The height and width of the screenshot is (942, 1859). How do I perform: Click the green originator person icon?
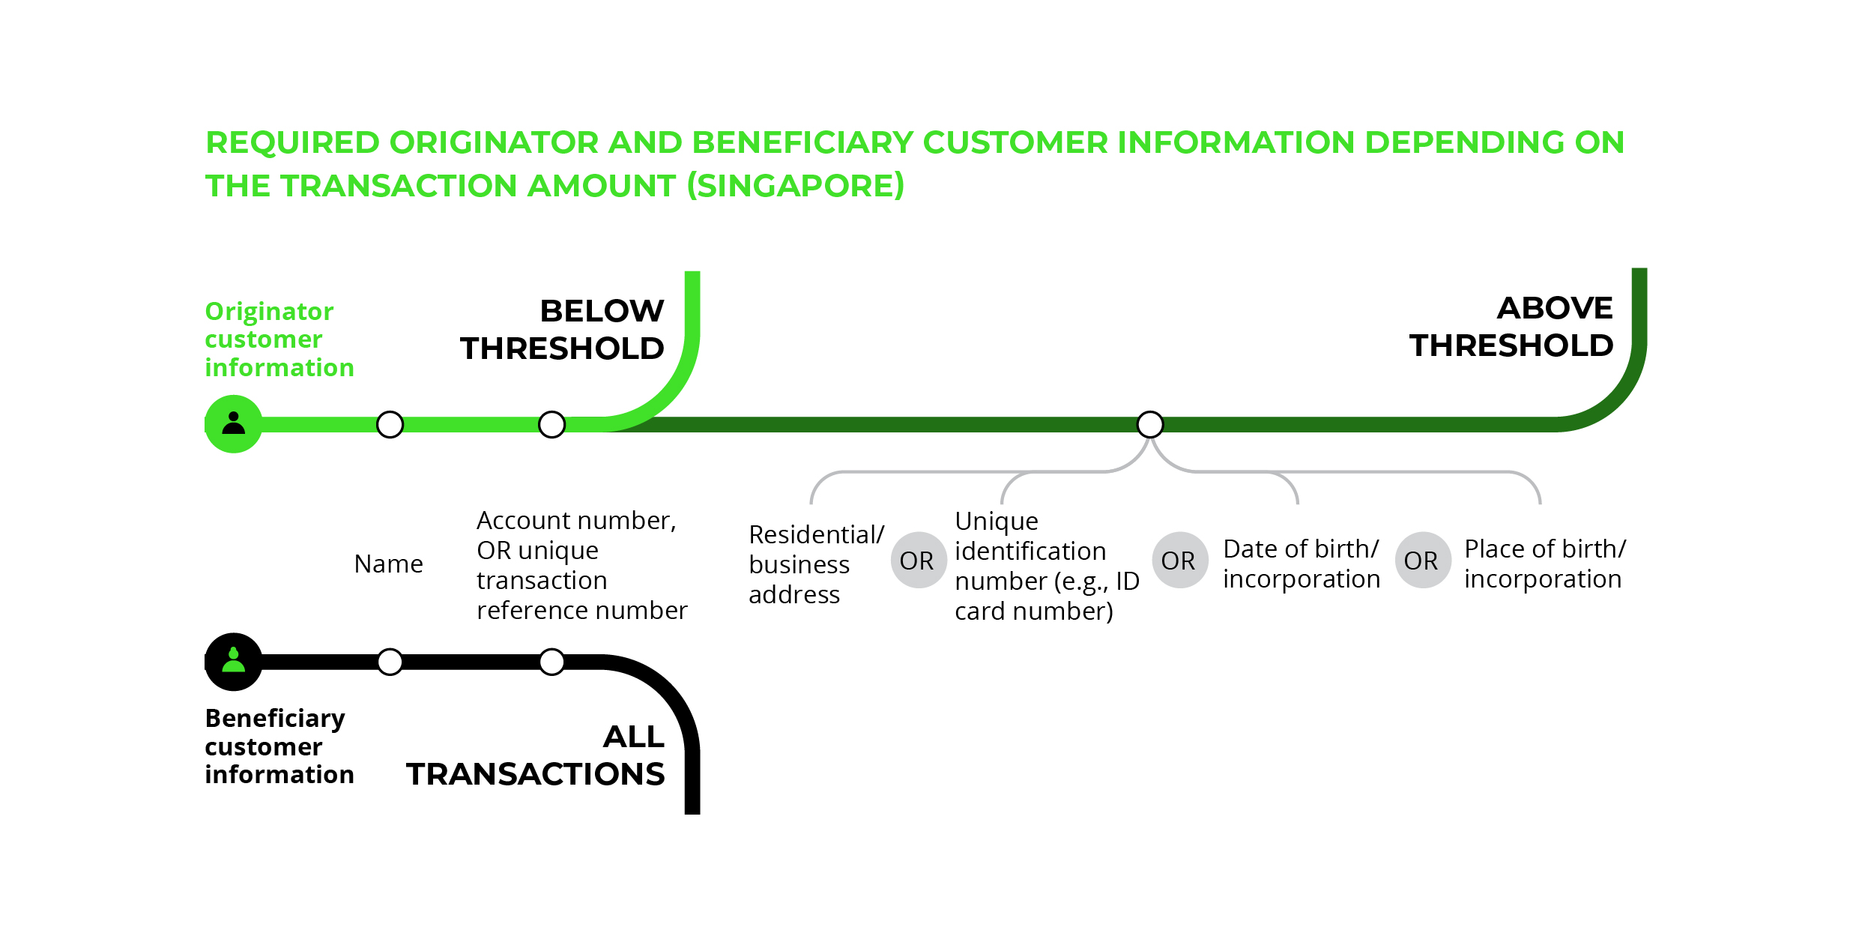point(234,424)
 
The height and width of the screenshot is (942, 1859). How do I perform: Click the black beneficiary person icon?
point(234,662)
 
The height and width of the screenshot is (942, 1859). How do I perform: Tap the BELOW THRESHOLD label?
point(562,330)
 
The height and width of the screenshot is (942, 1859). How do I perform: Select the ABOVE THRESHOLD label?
point(1511,327)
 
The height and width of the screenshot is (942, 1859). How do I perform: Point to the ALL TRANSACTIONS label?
point(536,755)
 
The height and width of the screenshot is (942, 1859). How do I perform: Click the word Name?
point(388,564)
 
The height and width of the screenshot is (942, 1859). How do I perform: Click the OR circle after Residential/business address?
point(919,560)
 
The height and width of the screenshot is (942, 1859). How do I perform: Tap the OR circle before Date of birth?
point(1180,560)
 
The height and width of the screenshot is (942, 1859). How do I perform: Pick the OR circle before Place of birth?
point(1423,560)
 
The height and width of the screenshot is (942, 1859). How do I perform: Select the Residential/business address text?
point(816,564)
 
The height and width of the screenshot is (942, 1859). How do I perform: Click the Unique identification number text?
point(1047,566)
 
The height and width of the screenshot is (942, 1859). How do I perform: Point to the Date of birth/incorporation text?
point(1302,564)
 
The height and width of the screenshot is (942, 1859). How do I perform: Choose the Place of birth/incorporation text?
point(1545,564)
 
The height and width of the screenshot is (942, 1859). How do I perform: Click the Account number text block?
point(581,565)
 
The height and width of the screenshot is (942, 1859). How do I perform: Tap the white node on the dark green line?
point(1150,424)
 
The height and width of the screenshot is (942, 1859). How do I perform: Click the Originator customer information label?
point(279,339)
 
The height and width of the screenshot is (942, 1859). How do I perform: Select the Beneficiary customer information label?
point(279,746)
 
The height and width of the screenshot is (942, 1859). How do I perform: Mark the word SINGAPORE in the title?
point(795,185)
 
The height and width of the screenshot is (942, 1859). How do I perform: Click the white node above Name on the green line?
point(390,424)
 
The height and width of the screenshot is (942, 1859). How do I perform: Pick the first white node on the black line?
point(390,662)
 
